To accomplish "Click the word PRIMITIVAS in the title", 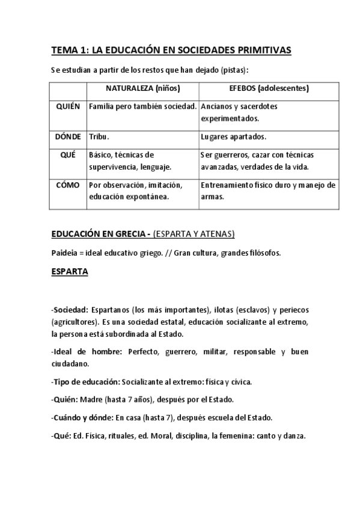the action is [x=262, y=51].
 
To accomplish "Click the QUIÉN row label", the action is [x=68, y=106].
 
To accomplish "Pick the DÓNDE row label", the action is [x=68, y=137].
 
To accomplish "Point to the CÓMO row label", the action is [x=68, y=185].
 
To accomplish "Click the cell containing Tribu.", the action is [x=100, y=137].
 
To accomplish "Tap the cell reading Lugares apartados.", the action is [x=234, y=137].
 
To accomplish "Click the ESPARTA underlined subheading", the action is [x=70, y=272].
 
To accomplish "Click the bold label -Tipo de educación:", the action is [x=85, y=381].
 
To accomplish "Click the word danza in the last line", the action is [x=294, y=436].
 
